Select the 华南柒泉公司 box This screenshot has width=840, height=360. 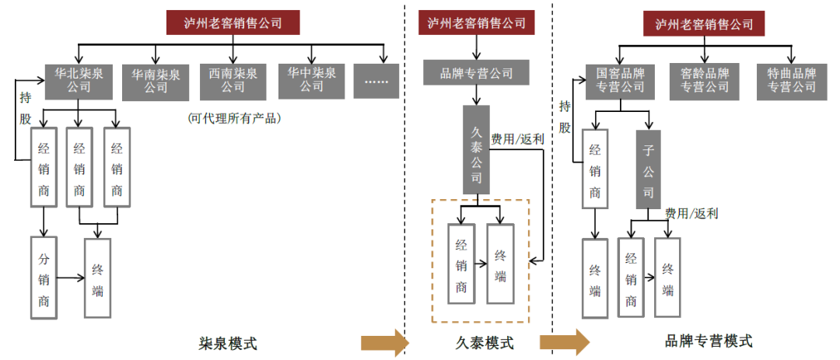pos(156,80)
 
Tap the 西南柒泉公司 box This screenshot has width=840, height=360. pos(233,80)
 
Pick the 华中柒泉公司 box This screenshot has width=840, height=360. pos(311,80)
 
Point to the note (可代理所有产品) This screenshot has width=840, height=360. pos(233,118)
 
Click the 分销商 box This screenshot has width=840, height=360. pos(44,278)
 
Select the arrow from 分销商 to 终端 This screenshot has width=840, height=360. pos(71,277)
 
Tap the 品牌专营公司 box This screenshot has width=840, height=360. pos(477,73)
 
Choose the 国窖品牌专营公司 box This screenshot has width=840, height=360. pos(620,80)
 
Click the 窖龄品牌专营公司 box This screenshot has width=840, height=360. pos(705,80)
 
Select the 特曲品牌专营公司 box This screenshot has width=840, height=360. pos(791,80)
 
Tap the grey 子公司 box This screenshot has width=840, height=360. pos(649,170)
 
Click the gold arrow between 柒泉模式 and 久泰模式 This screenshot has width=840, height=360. pos(385,342)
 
